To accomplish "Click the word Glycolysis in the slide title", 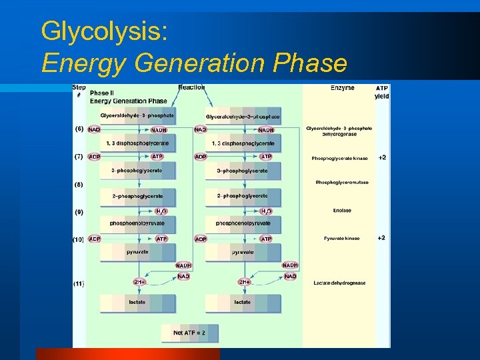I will pos(104,31).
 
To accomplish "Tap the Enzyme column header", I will pos(342,88).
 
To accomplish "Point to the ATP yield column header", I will pos(381,92).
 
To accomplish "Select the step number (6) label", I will pos(79,129).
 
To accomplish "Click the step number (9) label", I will pos(79,213).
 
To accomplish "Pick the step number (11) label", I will pos(79,283).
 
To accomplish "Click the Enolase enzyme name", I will pos(341,211).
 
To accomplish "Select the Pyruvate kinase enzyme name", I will pos(341,238).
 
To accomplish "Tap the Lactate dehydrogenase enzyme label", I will pos(339,283).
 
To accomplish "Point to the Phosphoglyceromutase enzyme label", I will pos(341,183).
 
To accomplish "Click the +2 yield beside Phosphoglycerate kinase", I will pos(381,158).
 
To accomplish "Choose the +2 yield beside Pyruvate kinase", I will pos(381,238).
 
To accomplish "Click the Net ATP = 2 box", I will pos(189,333).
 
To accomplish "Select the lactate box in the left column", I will pos(137,303).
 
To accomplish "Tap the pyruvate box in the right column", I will pos(242,253).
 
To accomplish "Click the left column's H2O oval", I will pos(161,211).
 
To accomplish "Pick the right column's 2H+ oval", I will pos(244,282).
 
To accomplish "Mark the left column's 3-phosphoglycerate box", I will pos(137,171).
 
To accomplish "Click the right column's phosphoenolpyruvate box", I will pos(243,224).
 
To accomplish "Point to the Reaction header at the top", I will pos(191,87).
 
